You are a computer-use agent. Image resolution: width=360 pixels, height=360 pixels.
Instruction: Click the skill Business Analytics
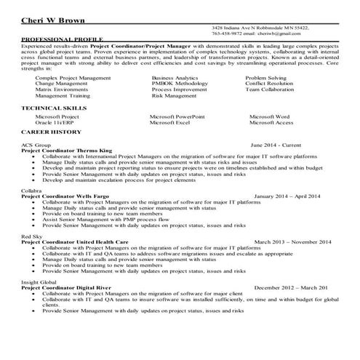(x=175, y=76)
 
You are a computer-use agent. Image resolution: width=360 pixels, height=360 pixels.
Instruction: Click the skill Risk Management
(x=175, y=95)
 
